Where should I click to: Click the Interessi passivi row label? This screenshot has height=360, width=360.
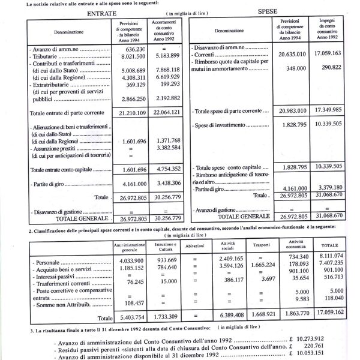[60, 278]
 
